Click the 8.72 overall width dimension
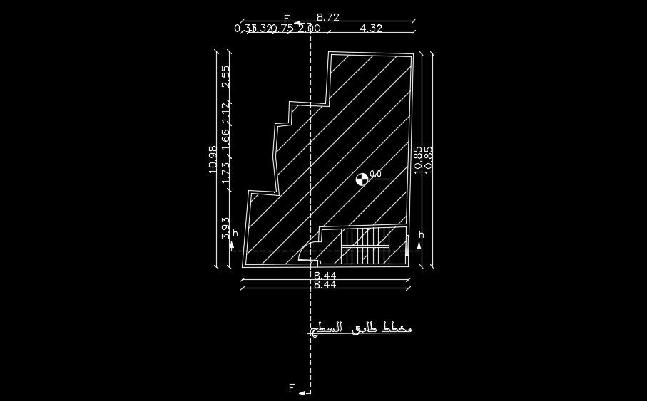tap(328, 16)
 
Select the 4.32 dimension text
tap(372, 28)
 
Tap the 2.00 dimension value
tap(309, 28)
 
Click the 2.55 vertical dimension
tap(225, 77)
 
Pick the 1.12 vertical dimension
tap(225, 113)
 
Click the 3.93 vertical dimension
tap(225, 228)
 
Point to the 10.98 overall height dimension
tap(213, 160)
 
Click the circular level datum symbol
tap(361, 179)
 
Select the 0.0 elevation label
tap(376, 174)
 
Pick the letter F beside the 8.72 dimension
tap(287, 19)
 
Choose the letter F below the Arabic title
tap(292, 388)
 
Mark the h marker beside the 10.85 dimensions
tap(421, 234)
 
